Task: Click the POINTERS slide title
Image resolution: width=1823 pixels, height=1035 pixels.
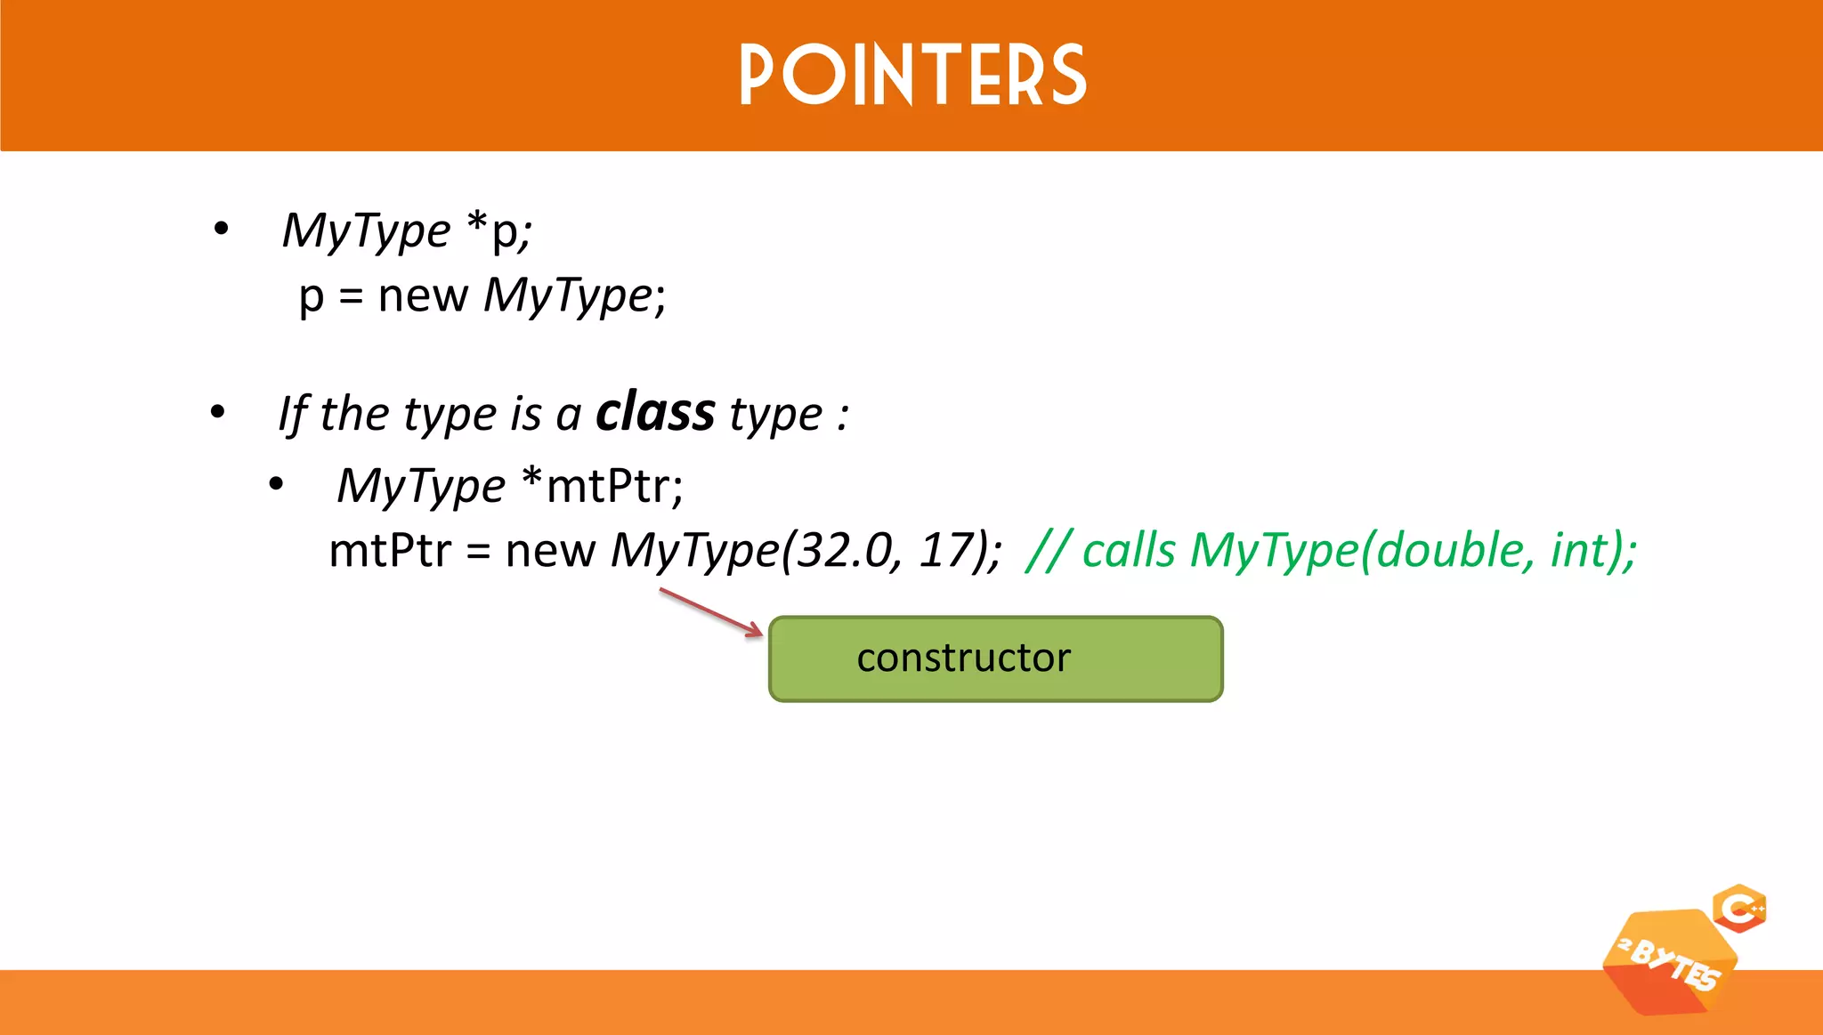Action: (912, 76)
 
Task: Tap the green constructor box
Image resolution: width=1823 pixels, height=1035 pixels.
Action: (995, 659)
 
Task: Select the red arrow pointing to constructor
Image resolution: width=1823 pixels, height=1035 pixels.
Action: (711, 612)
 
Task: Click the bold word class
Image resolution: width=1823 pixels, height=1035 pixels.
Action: (655, 412)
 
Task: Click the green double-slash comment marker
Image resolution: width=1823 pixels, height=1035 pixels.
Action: (1049, 550)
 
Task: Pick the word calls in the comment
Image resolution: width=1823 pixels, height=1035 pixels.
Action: (1129, 550)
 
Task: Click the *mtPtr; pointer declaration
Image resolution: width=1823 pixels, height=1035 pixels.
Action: (603, 486)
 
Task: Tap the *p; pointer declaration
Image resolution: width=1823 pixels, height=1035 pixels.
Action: (499, 230)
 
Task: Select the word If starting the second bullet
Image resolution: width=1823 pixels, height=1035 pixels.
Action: (293, 414)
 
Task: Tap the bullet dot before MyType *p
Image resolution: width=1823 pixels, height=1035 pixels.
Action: (222, 230)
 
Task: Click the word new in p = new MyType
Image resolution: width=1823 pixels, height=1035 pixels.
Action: (423, 295)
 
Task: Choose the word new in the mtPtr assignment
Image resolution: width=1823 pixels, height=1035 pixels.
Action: (550, 550)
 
